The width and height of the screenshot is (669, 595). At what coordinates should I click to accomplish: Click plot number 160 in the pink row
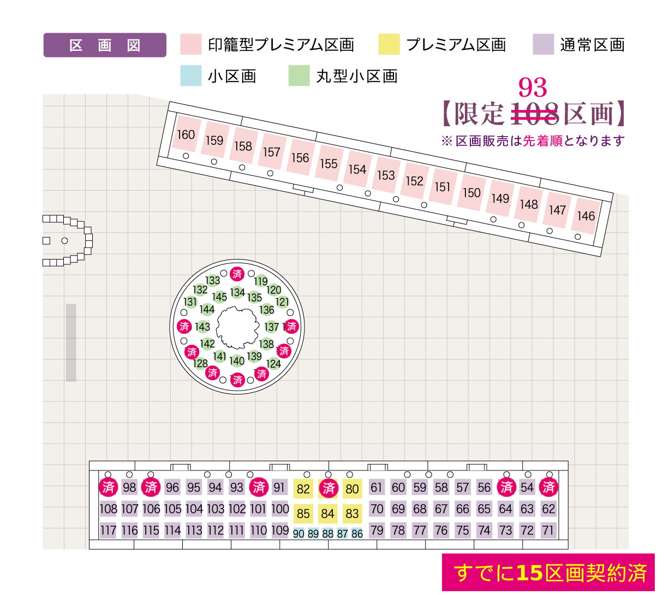click(186, 134)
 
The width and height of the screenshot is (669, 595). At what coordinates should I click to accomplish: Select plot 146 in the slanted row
click(586, 216)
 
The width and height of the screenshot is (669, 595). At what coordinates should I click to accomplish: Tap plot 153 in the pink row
click(386, 175)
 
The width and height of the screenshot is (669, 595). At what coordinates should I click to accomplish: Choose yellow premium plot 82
click(303, 488)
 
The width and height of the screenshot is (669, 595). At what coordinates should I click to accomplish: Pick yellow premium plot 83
click(353, 513)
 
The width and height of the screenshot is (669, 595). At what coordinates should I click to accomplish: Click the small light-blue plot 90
click(298, 534)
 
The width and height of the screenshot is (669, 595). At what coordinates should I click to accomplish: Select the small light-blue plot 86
click(357, 534)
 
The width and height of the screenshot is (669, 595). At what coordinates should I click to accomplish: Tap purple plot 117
click(108, 530)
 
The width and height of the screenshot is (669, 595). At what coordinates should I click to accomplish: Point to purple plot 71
click(548, 530)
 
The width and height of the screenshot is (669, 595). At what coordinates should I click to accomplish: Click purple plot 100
click(280, 509)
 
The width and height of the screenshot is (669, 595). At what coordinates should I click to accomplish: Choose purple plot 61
click(377, 487)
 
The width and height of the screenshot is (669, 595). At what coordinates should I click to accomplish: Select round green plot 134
click(237, 292)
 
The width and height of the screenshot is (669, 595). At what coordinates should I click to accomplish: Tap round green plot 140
click(237, 361)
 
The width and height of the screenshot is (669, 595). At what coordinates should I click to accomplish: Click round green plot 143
click(202, 327)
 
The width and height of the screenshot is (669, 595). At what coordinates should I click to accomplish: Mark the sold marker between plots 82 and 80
click(328, 488)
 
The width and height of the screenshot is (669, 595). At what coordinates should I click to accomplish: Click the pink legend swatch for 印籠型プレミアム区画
click(191, 45)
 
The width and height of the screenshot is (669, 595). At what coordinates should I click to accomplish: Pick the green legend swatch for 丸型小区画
click(299, 76)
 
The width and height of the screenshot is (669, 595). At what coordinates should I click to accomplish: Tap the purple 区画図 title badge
click(105, 45)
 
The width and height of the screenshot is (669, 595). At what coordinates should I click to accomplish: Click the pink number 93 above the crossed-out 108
click(533, 87)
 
